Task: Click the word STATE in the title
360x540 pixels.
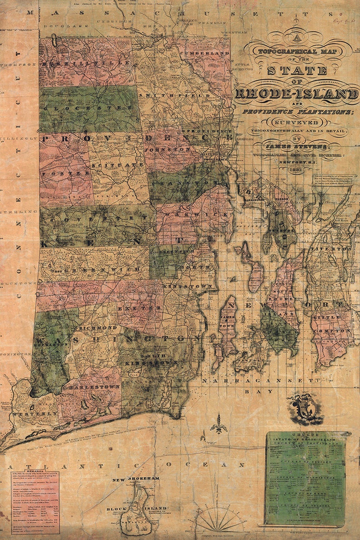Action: [297, 70]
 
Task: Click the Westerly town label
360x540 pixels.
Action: [30, 414]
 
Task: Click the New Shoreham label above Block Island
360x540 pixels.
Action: [136, 480]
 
